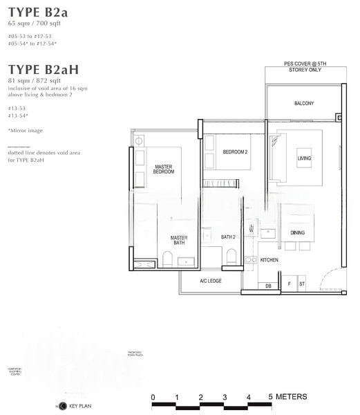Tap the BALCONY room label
pyautogui.click(x=303, y=104)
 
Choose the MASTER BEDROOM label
pyautogui.click(x=164, y=169)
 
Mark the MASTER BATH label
pyautogui.click(x=179, y=241)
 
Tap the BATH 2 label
pyautogui.click(x=229, y=237)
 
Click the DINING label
pyautogui.click(x=297, y=233)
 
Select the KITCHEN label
pyautogui.click(x=269, y=260)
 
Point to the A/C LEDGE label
pyautogui.click(x=210, y=281)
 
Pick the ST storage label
pyautogui.click(x=302, y=284)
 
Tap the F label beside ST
pyautogui.click(x=289, y=284)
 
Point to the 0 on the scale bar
pyautogui.click(x=153, y=397)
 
